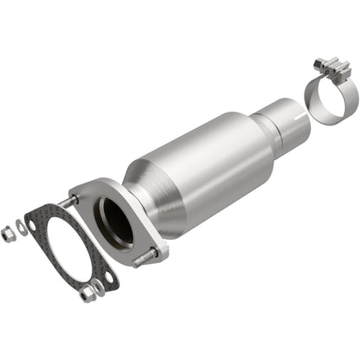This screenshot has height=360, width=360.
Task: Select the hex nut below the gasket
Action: point(87,296)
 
